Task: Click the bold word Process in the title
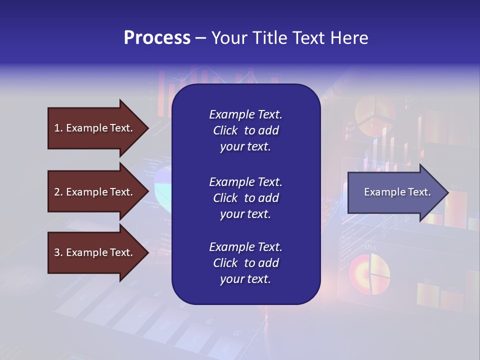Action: click(x=157, y=38)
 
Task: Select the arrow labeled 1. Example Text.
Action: click(x=95, y=128)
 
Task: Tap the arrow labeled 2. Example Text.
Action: click(x=95, y=192)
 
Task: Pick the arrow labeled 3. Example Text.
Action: click(x=95, y=252)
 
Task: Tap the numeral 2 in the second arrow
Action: click(x=57, y=192)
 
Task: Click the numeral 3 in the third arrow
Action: click(x=57, y=252)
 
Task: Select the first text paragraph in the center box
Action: click(x=245, y=130)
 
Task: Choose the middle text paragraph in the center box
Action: click(x=245, y=198)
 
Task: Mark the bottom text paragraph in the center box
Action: click(x=245, y=263)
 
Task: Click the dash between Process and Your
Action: click(x=200, y=38)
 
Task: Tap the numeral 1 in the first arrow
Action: click(x=56, y=128)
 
